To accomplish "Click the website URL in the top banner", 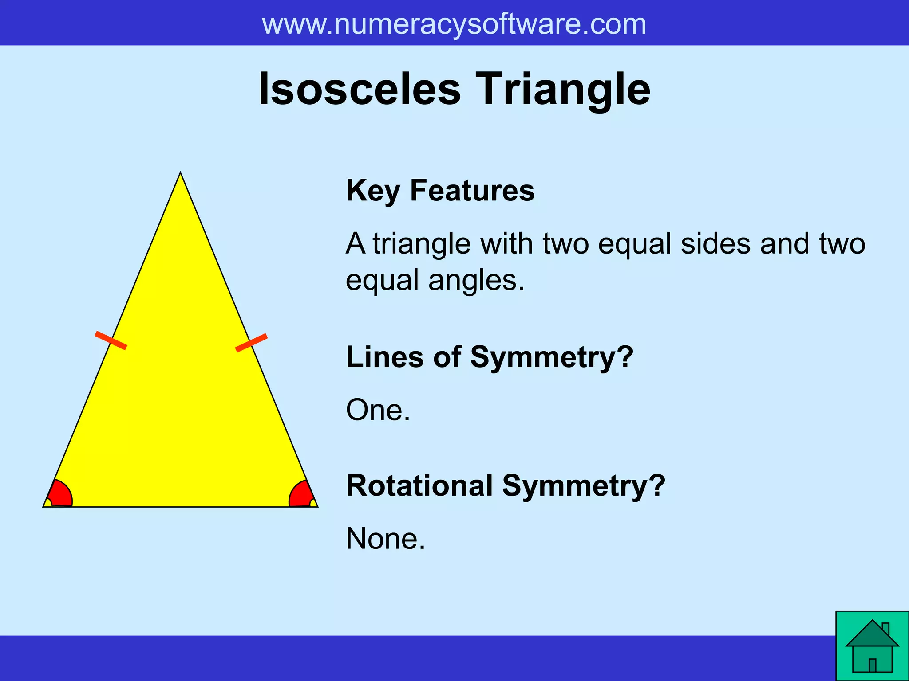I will click(x=454, y=24).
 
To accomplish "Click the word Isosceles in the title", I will click(x=360, y=89).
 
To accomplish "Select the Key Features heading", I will click(x=440, y=191).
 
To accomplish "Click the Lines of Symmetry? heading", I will click(x=489, y=357).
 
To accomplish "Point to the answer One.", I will click(x=378, y=410).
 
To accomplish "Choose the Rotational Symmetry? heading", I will click(x=506, y=485).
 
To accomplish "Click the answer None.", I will click(x=385, y=539).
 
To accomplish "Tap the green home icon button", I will click(x=872, y=646).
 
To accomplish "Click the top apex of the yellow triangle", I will click(x=180, y=174).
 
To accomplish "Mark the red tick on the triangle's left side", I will click(x=111, y=340).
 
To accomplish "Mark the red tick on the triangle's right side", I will click(x=251, y=343).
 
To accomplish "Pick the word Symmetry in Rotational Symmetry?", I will click(x=583, y=485).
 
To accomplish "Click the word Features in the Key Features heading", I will click(x=472, y=191).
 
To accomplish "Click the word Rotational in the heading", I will click(x=419, y=485).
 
